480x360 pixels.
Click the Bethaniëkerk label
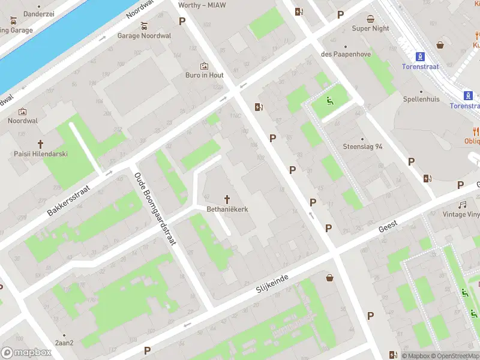pyautogui.click(x=227, y=209)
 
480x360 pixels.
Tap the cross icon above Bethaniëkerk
pyautogui.click(x=227, y=199)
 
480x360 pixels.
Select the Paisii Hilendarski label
pyautogui.click(x=41, y=154)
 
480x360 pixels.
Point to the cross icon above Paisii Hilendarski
pyautogui.click(x=41, y=143)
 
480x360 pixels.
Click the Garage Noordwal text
pyautogui.click(x=144, y=35)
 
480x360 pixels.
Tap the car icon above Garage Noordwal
pyautogui.click(x=144, y=26)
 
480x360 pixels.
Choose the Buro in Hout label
pyautogui.click(x=204, y=75)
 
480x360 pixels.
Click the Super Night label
pyautogui.click(x=370, y=28)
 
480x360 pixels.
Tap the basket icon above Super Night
pyautogui.click(x=371, y=18)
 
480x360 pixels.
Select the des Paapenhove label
pyautogui.click(x=346, y=55)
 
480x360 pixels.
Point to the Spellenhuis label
pyautogui.click(x=421, y=98)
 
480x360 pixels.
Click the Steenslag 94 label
pyautogui.click(x=362, y=146)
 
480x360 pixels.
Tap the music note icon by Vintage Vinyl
pyautogui.click(x=463, y=205)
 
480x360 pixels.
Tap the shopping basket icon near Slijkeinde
pyautogui.click(x=329, y=277)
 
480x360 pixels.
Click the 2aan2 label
pyautogui.click(x=64, y=343)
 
